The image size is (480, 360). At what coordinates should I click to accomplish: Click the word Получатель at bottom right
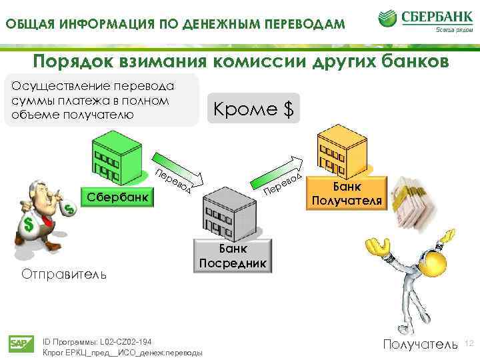(420, 344)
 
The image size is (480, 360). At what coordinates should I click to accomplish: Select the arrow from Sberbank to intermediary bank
(175, 175)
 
